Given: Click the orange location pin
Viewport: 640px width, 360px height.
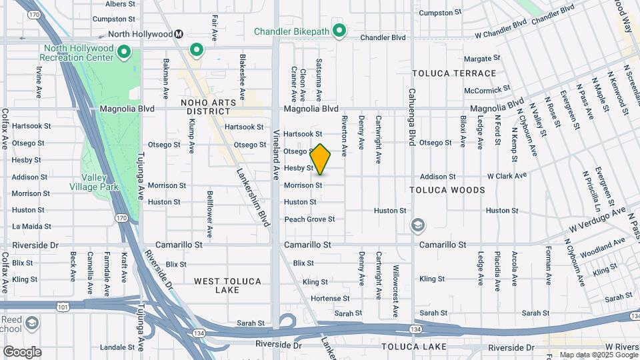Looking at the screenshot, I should point(321,159).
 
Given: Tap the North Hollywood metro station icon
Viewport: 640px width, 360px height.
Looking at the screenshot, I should point(179,34).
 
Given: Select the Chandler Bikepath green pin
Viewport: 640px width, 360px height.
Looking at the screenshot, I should point(339,31).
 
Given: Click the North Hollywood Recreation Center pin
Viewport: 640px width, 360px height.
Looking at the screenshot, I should point(123,51).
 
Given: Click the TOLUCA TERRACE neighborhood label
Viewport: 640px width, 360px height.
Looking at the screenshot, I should point(454,73).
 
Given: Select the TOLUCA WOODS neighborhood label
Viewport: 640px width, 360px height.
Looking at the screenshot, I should point(447,190).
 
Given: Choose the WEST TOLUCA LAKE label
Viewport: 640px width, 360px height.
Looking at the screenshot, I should point(227,285).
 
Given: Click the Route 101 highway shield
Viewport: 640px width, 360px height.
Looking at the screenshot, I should point(64,306).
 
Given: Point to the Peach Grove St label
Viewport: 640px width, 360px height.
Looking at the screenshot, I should point(309,219).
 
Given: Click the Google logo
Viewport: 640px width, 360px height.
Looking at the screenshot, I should point(22,352).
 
